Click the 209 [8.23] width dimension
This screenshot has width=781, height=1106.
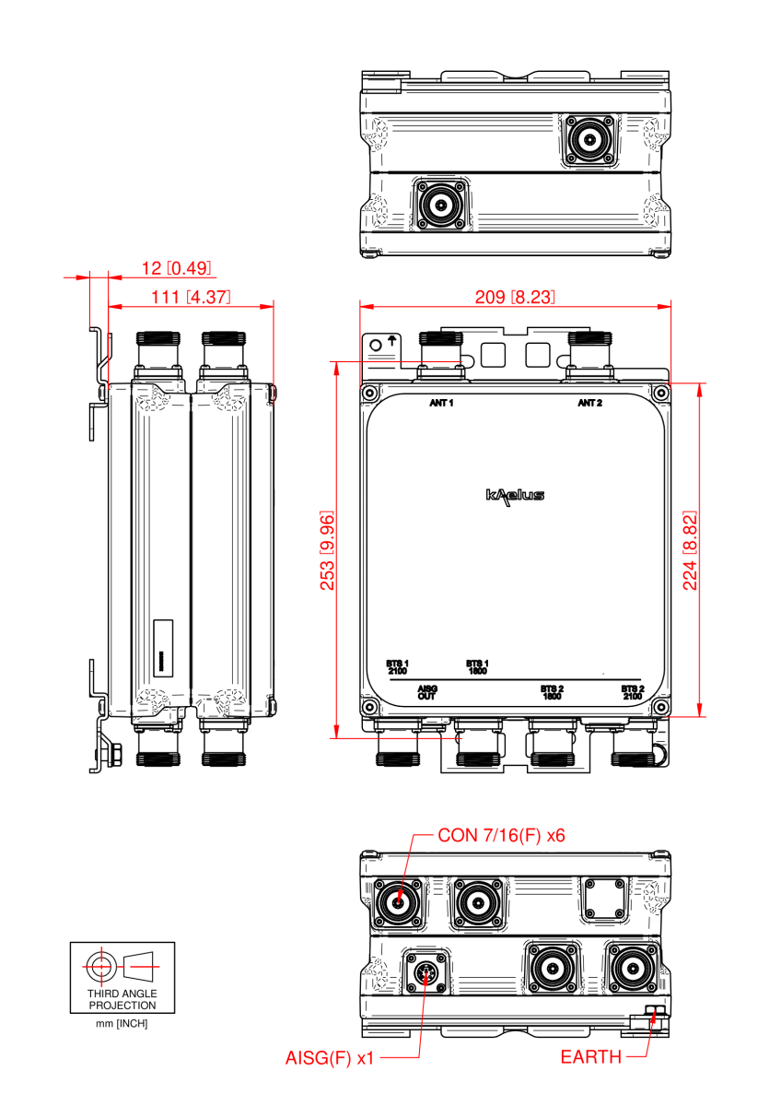coord(514,297)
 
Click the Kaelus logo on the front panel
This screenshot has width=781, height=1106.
coord(515,496)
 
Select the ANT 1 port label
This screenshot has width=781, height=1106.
coord(442,403)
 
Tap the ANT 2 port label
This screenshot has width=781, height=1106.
coord(589,403)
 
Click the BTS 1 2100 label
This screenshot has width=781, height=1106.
coord(397,667)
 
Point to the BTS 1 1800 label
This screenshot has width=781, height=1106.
coord(477,667)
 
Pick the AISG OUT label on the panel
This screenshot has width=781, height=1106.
coord(426,692)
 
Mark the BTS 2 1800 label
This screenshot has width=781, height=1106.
coord(551,692)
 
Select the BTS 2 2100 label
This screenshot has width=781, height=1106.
coord(632,692)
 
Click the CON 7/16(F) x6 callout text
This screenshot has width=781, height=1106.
coord(501,835)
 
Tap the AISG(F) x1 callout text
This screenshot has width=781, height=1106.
coord(330,1058)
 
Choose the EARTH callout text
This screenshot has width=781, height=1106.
coord(590,1057)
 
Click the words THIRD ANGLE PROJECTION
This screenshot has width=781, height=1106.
coord(122,1000)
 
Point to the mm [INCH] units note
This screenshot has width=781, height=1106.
coord(122,1024)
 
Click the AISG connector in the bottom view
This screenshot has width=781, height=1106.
coord(426,973)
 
